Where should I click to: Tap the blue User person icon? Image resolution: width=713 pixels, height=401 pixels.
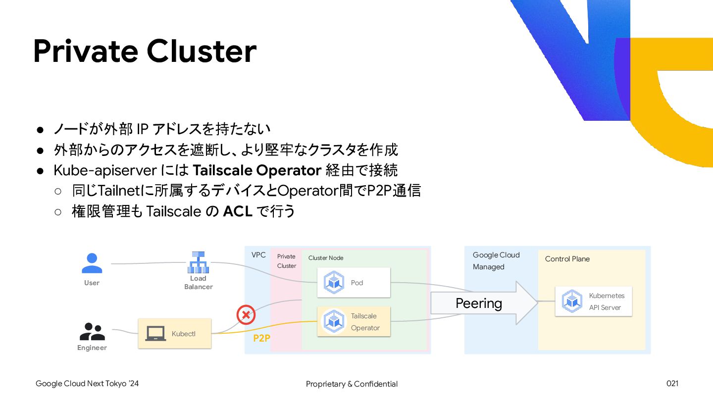[x=92, y=263]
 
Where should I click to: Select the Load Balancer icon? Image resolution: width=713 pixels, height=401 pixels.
[x=198, y=262]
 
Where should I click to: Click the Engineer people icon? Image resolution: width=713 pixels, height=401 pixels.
[x=92, y=331]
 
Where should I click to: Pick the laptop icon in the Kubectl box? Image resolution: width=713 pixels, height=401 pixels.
[x=155, y=334]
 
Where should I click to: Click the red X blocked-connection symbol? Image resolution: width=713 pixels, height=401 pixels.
[x=246, y=314]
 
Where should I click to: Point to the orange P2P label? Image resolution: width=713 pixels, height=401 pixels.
[x=261, y=339]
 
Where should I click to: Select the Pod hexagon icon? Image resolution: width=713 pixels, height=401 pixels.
[x=334, y=283]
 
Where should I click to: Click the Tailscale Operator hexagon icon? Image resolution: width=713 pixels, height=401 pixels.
[x=334, y=321]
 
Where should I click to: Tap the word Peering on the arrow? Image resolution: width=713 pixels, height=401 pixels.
[x=478, y=303]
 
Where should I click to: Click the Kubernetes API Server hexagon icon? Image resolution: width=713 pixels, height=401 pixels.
[x=572, y=301]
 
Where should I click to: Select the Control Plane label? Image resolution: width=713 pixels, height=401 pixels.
[x=567, y=259]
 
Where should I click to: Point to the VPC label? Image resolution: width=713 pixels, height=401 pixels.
[x=258, y=255]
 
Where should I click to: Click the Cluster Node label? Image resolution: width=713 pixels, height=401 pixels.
[x=325, y=258]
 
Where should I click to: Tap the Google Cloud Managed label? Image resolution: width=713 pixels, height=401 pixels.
[x=496, y=261]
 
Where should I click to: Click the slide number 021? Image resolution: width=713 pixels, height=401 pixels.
[x=672, y=384]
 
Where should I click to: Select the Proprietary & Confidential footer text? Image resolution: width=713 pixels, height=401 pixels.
[x=352, y=384]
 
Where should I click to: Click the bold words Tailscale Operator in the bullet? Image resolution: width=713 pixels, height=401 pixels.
[x=257, y=170]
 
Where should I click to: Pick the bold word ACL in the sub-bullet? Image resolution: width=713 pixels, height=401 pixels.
[x=238, y=211]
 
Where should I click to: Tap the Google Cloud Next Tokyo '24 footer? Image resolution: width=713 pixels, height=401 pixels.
[x=87, y=384]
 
